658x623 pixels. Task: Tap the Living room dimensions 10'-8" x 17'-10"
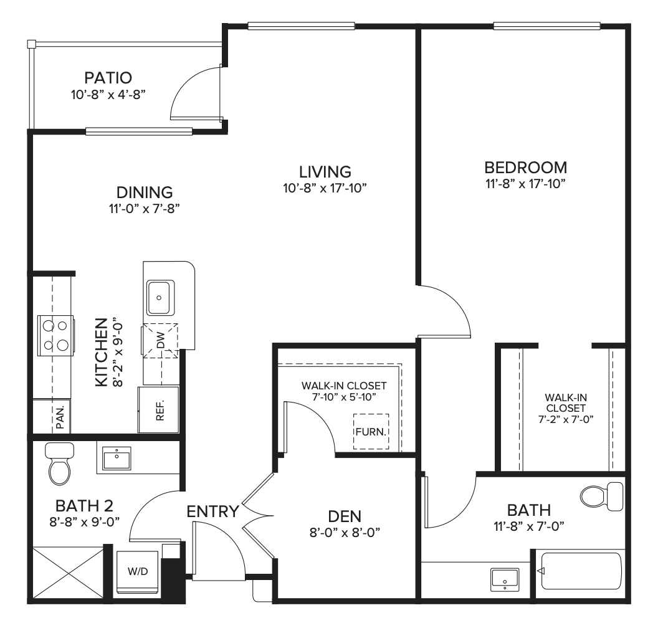[325, 188]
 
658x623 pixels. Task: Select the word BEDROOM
[526, 168]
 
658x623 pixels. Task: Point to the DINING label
[145, 192]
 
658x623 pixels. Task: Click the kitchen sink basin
[160, 298]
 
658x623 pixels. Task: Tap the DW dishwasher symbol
[160, 340]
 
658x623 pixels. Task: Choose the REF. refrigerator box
[159, 410]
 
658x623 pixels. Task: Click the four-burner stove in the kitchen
[55, 336]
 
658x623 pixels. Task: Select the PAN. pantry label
[60, 417]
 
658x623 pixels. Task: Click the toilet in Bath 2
[60, 463]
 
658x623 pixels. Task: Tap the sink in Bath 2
[117, 459]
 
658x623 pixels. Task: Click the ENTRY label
[212, 512]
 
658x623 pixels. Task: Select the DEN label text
[345, 516]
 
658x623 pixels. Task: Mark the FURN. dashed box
[371, 432]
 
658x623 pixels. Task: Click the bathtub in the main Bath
[581, 571]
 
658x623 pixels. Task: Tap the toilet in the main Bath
[602, 497]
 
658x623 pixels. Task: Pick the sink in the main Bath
[505, 579]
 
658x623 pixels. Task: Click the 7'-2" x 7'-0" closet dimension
[566, 419]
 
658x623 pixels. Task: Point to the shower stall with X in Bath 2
[67, 573]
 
